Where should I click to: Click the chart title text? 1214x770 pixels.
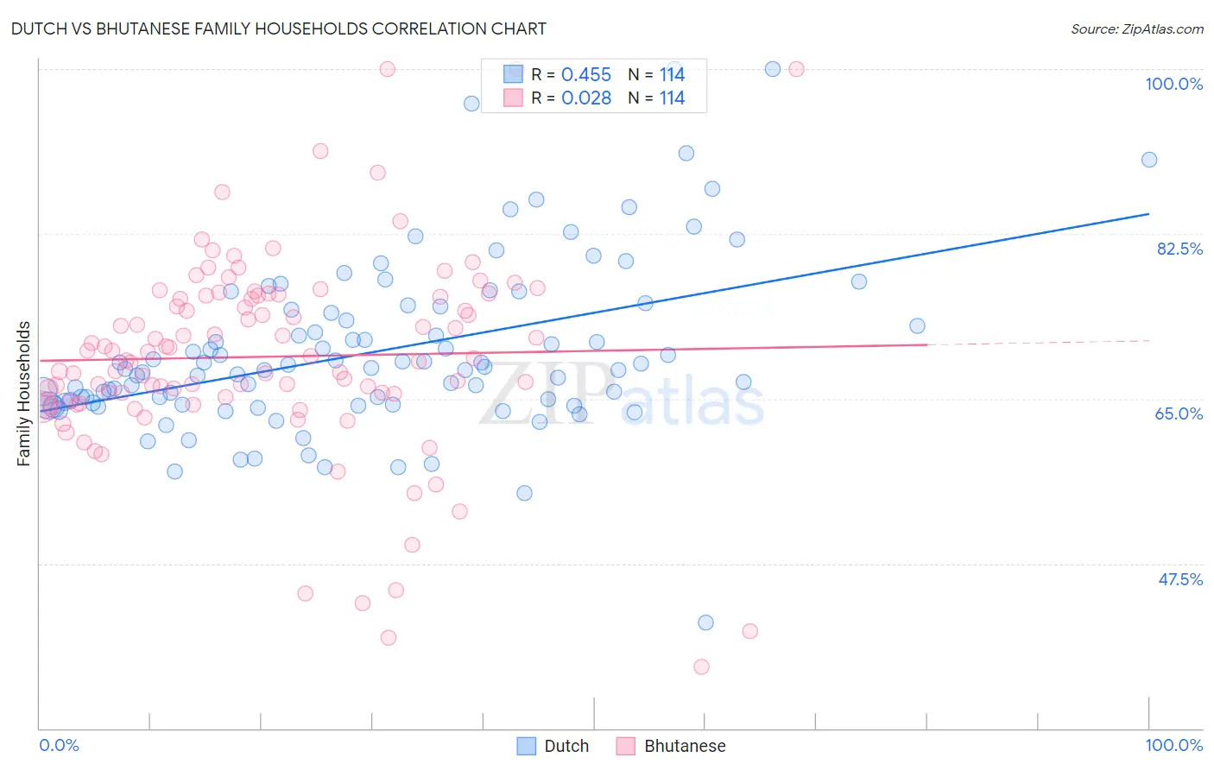[x=278, y=28]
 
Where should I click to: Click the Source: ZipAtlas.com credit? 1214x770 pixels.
[x=1136, y=28]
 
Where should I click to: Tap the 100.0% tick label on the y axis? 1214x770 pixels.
[x=1173, y=84]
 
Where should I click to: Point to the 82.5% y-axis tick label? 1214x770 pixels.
[x=1179, y=249]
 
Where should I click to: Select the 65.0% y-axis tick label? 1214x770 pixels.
[x=1179, y=413]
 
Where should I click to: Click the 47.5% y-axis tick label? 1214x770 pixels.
[x=1179, y=579]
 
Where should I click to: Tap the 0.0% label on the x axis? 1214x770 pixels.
[x=59, y=745]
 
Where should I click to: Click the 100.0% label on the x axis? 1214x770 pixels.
[x=1173, y=745]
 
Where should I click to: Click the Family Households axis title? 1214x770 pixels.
[x=24, y=394]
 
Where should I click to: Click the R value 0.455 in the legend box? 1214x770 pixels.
[x=585, y=75]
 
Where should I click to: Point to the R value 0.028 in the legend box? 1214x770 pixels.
[x=585, y=98]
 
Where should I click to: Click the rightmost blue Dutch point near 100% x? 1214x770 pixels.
[x=1148, y=160]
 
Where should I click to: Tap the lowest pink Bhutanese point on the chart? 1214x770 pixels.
[x=701, y=666]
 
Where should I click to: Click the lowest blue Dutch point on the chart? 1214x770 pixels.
[x=705, y=622]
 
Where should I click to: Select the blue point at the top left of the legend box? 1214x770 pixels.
[x=471, y=104]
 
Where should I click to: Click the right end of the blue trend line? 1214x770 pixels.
[x=1148, y=213]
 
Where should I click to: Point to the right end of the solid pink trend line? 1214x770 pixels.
[x=926, y=344]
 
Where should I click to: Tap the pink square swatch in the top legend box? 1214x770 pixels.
[x=513, y=98]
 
